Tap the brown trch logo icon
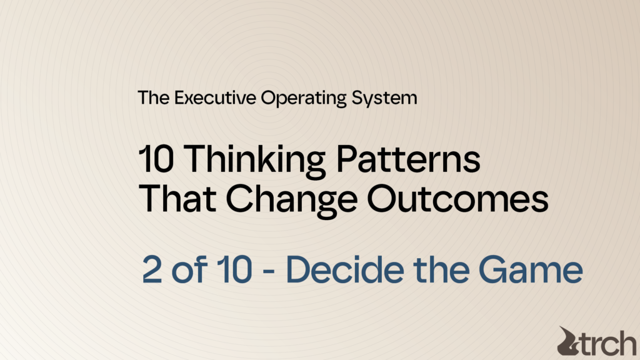(x=570, y=341)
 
